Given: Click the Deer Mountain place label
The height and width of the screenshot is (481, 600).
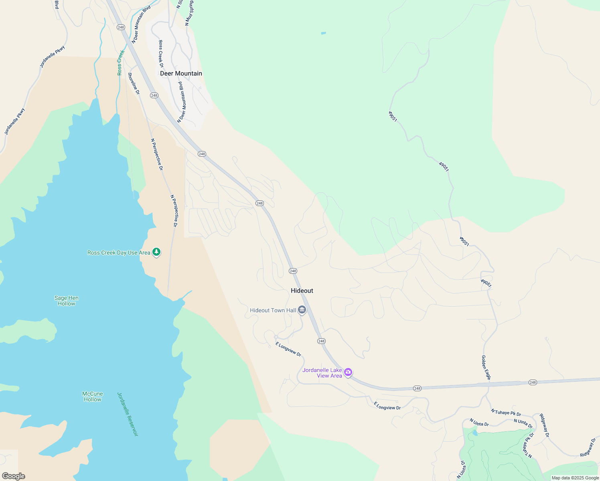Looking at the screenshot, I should click(181, 73).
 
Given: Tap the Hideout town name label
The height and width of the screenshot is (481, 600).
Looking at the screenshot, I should click(302, 291).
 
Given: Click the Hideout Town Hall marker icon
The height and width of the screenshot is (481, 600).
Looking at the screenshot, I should click(302, 310).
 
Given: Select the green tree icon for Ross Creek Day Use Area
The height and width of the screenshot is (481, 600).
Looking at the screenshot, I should click(156, 252).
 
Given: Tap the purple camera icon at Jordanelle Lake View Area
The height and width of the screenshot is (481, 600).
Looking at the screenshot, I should click(348, 372).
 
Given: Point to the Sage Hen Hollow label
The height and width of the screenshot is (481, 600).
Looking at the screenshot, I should click(67, 301).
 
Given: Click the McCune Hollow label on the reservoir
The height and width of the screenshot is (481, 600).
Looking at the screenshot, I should click(93, 396).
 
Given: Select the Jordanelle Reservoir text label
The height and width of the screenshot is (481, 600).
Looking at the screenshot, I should click(128, 414).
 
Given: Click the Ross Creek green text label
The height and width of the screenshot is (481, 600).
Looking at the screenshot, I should click(121, 63).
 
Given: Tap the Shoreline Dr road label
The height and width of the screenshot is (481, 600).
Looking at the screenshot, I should click(134, 83).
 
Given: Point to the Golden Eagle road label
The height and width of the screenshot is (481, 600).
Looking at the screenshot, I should click(486, 367).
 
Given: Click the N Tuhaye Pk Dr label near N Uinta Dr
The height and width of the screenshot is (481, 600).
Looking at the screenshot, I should click(506, 412).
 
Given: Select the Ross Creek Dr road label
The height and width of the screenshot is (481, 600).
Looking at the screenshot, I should click(161, 54).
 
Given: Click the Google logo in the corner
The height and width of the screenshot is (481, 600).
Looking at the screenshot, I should click(13, 476).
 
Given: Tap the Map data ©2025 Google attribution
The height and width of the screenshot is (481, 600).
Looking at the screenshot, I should click(575, 478).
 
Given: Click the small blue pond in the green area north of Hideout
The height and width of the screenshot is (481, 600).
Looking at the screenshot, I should click(323, 33).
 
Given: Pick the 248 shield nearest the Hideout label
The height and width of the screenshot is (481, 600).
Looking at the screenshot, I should click(293, 271).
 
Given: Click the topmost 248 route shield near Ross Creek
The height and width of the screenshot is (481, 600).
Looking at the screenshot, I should click(121, 27).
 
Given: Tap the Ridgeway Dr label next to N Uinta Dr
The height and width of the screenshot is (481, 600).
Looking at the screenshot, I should click(544, 425).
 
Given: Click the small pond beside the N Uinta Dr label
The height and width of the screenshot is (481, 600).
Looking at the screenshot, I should click(474, 433).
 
